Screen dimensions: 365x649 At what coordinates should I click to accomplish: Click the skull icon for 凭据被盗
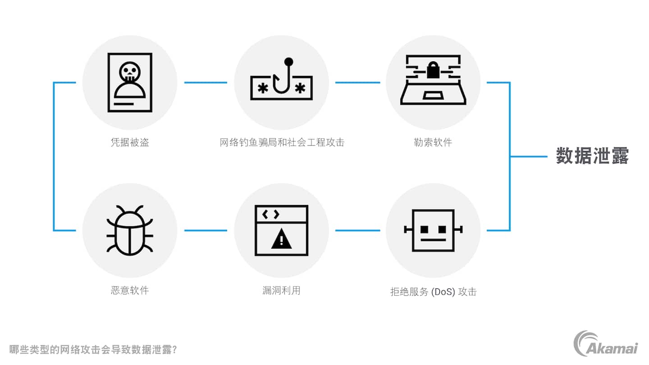(x=129, y=72)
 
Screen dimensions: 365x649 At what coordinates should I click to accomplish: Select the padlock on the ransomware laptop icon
(x=433, y=70)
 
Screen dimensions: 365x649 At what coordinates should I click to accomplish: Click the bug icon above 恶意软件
(x=130, y=230)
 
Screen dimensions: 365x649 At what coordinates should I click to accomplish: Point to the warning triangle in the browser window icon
(x=281, y=238)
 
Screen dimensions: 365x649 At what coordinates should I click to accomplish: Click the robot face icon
(x=433, y=230)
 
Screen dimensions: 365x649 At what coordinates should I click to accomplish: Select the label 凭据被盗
(x=130, y=142)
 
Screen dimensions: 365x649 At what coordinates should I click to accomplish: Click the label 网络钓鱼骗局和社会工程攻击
(x=282, y=142)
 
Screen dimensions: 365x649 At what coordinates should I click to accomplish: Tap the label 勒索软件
(x=433, y=142)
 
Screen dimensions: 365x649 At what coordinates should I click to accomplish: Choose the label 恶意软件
(x=130, y=290)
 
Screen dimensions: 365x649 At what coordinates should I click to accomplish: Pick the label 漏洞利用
(x=281, y=290)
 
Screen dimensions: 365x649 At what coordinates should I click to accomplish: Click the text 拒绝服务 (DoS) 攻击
(x=433, y=292)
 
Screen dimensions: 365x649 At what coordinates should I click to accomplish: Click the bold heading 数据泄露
(x=592, y=156)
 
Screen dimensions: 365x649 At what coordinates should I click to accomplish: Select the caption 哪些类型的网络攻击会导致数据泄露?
(x=93, y=349)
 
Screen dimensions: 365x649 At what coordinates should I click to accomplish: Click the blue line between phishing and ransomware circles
(x=357, y=82)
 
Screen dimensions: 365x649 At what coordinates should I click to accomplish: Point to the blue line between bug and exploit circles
(x=206, y=230)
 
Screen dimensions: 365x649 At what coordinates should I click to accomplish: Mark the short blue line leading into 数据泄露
(x=528, y=156)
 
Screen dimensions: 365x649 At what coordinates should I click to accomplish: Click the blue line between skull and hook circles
(x=206, y=82)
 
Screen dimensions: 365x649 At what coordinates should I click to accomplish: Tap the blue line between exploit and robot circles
(x=357, y=230)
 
